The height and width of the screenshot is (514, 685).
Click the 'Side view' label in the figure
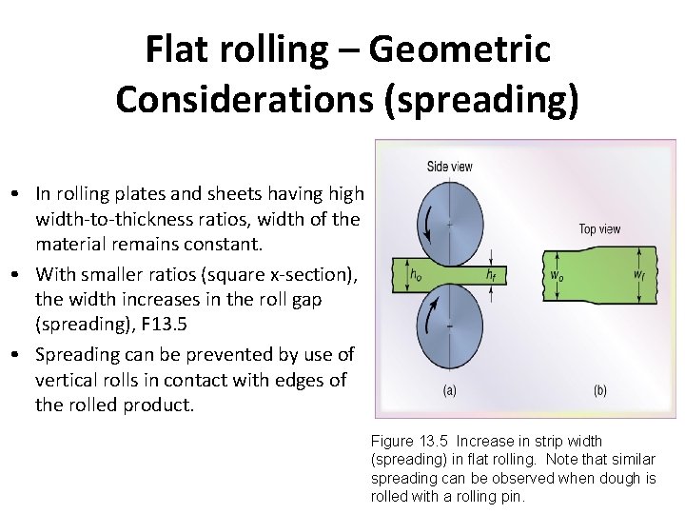point(449,167)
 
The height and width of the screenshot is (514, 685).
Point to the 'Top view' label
point(599,228)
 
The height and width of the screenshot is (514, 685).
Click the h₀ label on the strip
point(417,275)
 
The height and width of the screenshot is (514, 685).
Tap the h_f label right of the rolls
point(490,275)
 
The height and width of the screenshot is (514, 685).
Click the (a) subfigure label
point(449,390)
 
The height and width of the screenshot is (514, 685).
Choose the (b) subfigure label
point(600,390)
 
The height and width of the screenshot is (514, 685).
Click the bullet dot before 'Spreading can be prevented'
point(19,355)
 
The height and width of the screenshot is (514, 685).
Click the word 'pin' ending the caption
point(513,496)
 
